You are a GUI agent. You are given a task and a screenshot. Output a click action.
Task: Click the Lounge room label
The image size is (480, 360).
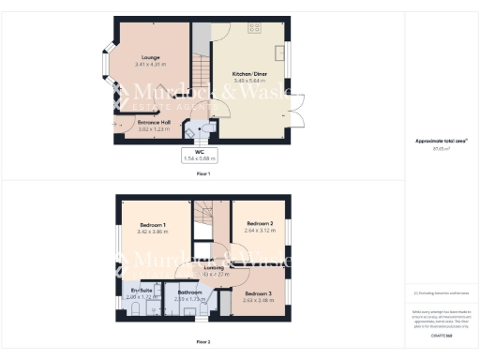point(150,57)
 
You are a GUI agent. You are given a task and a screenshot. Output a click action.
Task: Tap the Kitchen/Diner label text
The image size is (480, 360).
point(249,72)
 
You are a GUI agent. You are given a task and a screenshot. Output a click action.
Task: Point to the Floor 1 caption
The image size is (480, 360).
point(203,174)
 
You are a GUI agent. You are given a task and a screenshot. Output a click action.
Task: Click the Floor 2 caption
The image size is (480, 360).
point(203,341)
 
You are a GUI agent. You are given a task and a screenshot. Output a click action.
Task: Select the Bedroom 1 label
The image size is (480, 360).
point(153,225)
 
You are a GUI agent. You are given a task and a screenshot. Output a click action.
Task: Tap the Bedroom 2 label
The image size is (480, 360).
point(259,224)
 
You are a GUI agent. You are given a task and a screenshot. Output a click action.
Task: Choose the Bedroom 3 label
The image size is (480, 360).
point(258,293)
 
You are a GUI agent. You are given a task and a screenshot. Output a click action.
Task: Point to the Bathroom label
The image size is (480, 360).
point(190,292)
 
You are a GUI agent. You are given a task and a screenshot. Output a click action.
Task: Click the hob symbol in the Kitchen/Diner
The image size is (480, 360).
point(254,28)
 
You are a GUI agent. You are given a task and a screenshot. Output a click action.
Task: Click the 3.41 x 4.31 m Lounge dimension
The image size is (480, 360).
point(150,65)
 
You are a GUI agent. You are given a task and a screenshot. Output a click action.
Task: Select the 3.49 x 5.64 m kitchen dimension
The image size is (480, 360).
point(249,80)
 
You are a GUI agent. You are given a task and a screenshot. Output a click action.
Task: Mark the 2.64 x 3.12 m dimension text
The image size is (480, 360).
point(259,231)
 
